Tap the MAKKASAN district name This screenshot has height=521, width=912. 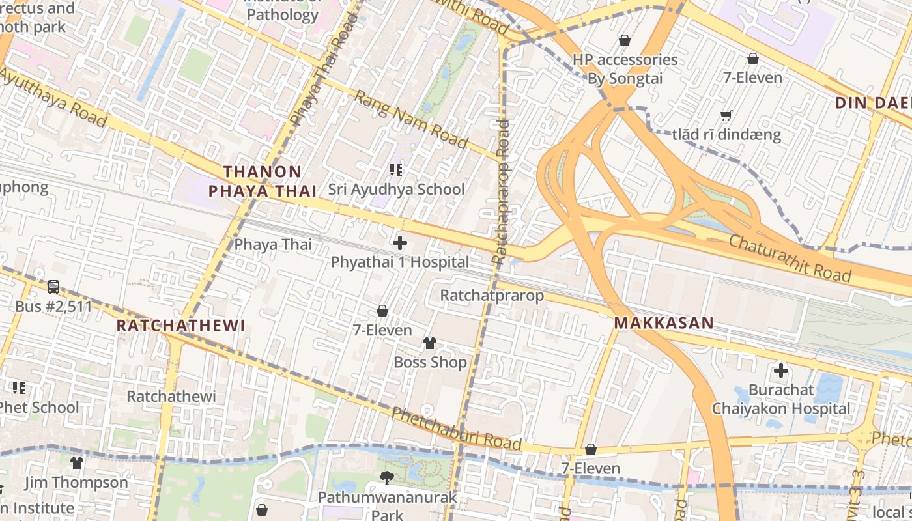(x=664, y=322)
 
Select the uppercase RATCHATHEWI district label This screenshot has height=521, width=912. (x=180, y=326)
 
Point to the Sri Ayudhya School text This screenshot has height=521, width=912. (x=396, y=190)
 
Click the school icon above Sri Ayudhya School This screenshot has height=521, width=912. (x=395, y=170)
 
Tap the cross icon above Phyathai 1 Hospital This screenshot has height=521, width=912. (x=399, y=243)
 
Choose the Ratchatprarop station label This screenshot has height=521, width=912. (x=492, y=296)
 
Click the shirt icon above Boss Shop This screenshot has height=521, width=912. (x=430, y=343)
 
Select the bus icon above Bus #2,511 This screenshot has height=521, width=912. (x=53, y=287)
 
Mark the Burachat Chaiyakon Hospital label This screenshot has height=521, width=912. (x=780, y=399)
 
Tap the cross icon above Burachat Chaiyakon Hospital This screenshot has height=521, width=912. (x=780, y=371)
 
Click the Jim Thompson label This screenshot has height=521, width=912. (x=76, y=483)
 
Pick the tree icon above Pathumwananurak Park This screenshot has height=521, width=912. (x=387, y=478)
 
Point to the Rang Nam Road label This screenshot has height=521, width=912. (x=410, y=119)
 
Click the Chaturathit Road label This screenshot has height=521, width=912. (x=790, y=259)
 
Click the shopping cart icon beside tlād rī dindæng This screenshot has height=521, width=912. (x=726, y=116)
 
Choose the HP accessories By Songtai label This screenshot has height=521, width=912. (x=625, y=69)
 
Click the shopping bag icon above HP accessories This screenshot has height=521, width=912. (x=624, y=40)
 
